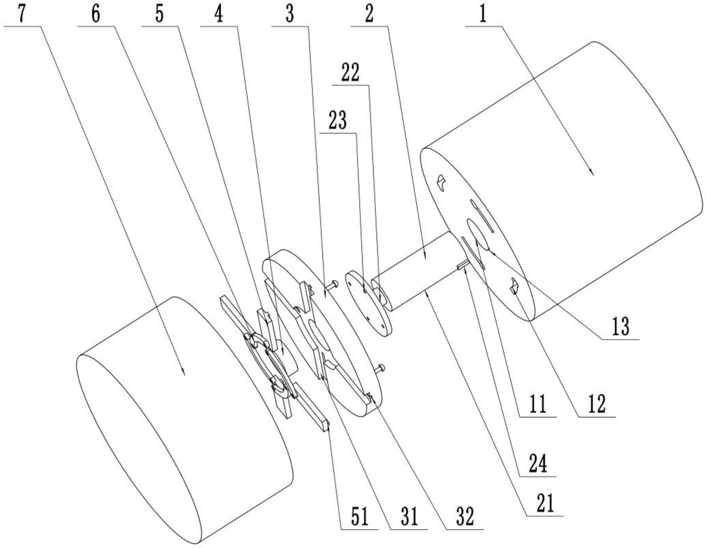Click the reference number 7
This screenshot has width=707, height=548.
coord(21,14)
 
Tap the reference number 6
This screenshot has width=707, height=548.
coord(95,14)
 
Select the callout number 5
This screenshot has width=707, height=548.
coord(159,14)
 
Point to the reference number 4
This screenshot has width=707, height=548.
coord(218,14)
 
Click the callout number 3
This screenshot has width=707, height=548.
coord(290,14)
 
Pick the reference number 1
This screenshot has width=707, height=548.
coord(483,14)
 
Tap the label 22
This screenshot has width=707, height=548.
coord(350,73)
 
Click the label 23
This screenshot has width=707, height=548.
coord(337,121)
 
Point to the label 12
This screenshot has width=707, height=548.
coord(597,404)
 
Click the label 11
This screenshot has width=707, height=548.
coord(537,404)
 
